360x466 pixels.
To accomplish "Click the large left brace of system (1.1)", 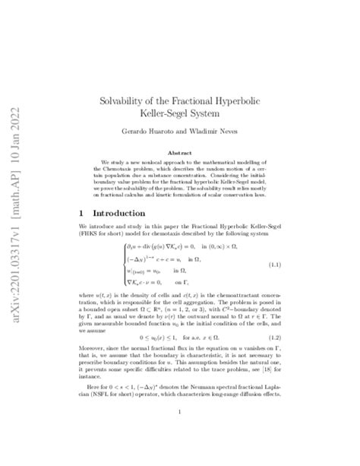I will (x=121, y=264).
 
